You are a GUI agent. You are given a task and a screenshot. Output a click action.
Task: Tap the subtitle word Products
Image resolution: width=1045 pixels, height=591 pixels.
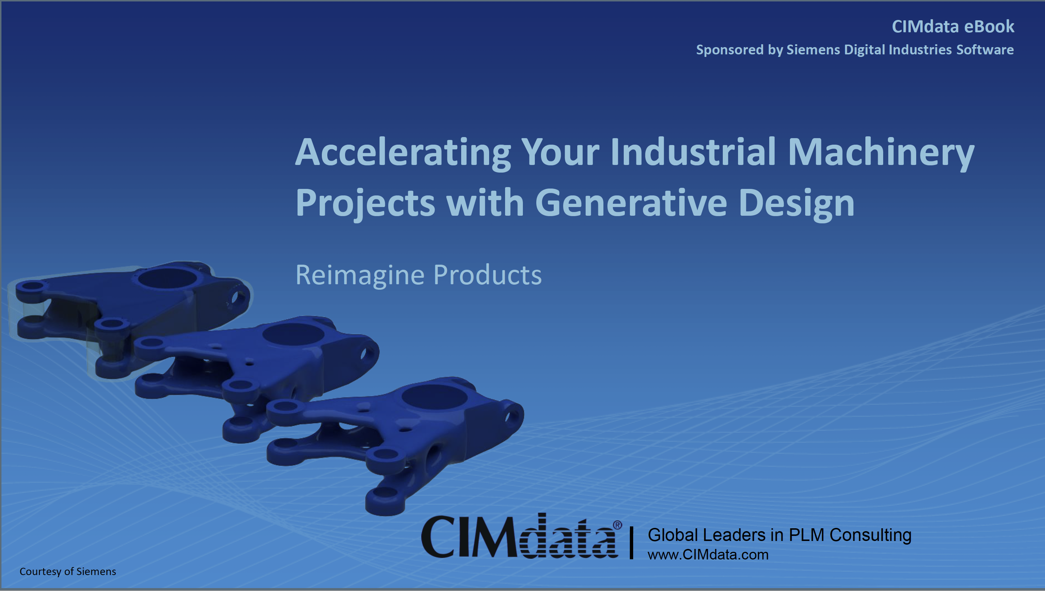(x=487, y=275)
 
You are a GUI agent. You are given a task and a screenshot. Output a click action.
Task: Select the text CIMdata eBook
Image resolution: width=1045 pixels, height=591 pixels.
(x=953, y=26)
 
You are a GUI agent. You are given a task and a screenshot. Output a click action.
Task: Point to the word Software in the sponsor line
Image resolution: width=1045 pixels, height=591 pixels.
(x=985, y=50)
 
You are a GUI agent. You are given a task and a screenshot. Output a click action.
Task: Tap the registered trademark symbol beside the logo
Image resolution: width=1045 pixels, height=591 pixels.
(x=617, y=525)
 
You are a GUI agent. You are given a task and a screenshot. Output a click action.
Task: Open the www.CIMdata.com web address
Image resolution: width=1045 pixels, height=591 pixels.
(x=708, y=554)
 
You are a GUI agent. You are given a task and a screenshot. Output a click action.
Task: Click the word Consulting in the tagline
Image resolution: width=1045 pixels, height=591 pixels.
(x=870, y=535)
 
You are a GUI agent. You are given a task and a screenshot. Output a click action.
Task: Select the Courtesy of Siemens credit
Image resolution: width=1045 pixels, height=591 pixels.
(x=68, y=571)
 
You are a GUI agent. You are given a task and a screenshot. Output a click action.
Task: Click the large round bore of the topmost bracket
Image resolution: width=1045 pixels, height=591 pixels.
(x=167, y=278)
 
